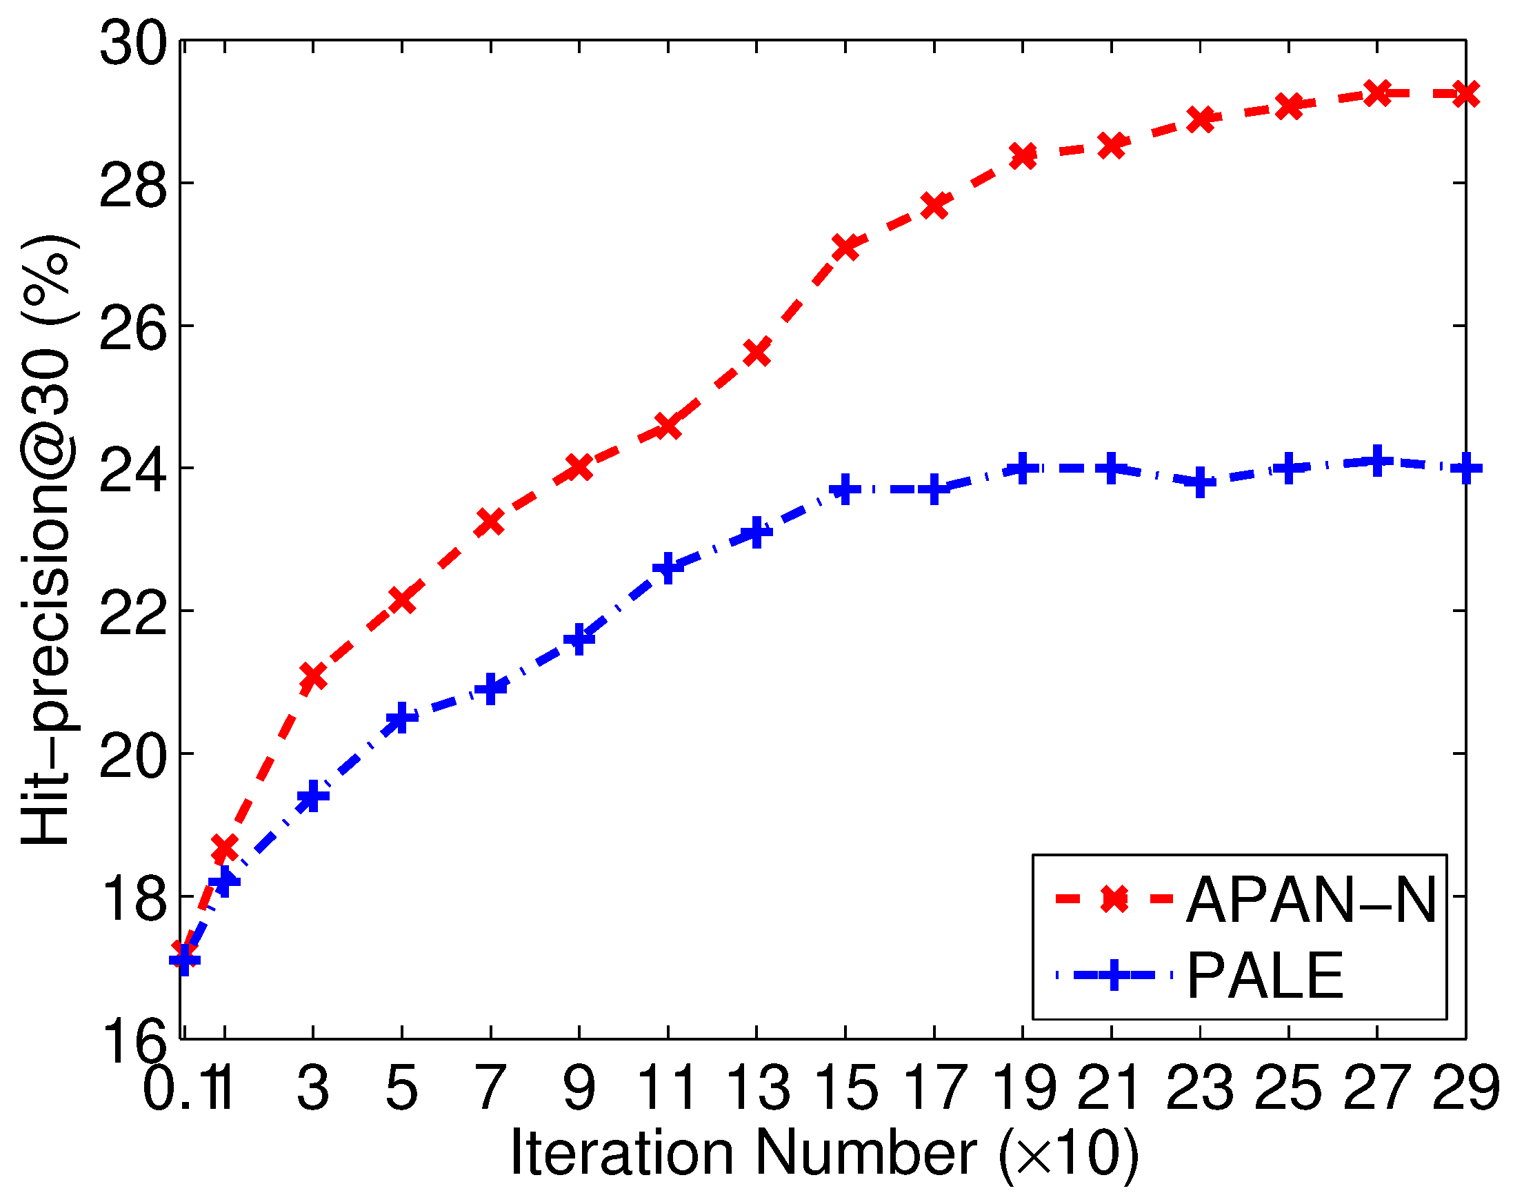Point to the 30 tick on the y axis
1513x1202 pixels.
coord(133,43)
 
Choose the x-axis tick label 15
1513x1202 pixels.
coord(845,1087)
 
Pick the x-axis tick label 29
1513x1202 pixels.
coord(1465,1087)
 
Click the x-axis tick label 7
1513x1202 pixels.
coord(490,1087)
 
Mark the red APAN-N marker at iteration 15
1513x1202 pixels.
coord(845,247)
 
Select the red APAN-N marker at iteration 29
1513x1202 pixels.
coord(1465,94)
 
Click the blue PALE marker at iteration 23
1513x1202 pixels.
coord(1200,482)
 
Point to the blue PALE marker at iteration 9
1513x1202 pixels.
coord(580,639)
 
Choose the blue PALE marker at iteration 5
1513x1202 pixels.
coord(401,718)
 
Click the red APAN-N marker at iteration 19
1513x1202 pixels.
coord(1023,156)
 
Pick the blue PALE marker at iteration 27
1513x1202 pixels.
coord(1377,462)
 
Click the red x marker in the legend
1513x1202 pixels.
coord(1114,898)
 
